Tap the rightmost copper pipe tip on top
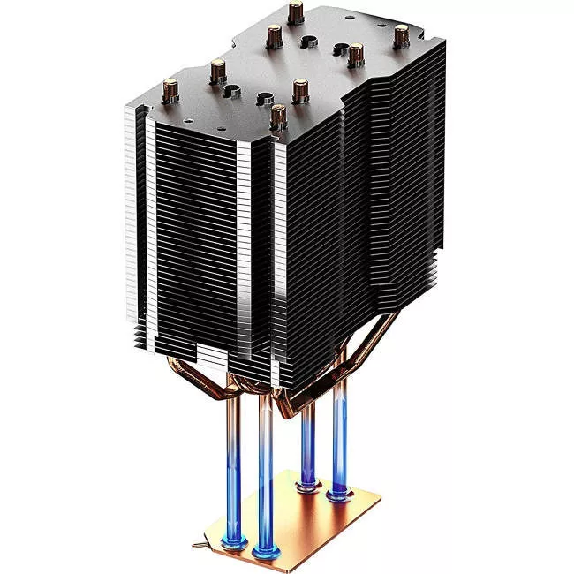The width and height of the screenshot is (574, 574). [x=400, y=36]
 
